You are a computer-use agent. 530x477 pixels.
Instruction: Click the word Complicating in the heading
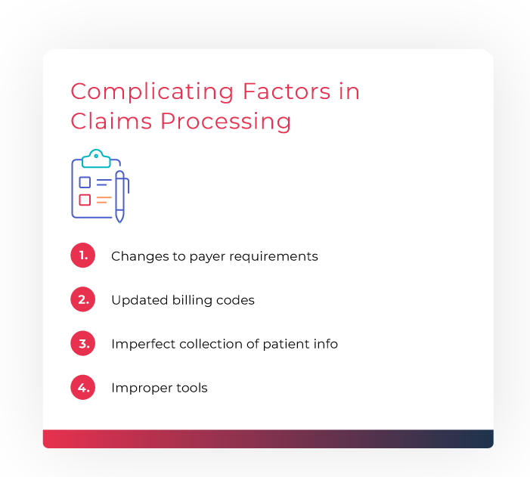pos(152,92)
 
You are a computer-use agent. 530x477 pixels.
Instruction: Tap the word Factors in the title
pos(287,91)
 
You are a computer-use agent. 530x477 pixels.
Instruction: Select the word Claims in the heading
pos(111,121)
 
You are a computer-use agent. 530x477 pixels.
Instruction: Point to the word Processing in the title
pos(225,122)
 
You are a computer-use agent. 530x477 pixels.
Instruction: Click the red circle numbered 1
pos(83,256)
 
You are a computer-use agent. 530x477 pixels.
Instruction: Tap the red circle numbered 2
pos(83,299)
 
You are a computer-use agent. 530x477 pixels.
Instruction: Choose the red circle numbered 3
pos(83,343)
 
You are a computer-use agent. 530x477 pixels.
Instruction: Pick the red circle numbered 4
pos(83,387)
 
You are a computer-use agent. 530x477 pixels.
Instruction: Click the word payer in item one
pos(207,257)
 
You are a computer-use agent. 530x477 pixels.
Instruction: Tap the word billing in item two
pos(192,301)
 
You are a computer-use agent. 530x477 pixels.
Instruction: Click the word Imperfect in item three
pos(144,344)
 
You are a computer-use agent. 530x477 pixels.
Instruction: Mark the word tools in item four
pos(192,388)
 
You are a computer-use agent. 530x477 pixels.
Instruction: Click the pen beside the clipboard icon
pos(120,197)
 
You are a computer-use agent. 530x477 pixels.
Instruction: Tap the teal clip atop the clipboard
pos(96,159)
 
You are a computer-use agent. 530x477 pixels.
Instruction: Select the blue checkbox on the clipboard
pos(85,182)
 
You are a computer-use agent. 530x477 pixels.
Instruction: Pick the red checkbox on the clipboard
pos(85,200)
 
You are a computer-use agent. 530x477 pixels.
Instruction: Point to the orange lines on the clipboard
pos(104,200)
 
